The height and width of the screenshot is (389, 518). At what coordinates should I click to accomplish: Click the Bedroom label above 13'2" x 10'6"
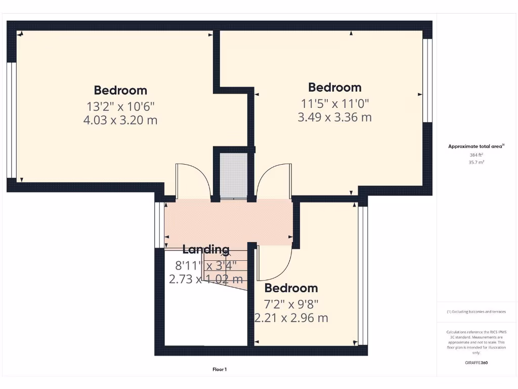tap(120, 90)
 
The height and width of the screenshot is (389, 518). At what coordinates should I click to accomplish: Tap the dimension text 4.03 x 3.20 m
tap(120, 121)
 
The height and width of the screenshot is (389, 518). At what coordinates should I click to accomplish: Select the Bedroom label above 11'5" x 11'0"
tap(335, 87)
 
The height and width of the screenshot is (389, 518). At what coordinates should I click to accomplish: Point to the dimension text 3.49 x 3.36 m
tap(335, 118)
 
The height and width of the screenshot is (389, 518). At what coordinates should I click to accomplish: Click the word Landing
tap(206, 249)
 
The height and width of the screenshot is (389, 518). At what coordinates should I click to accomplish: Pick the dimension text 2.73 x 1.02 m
tap(206, 279)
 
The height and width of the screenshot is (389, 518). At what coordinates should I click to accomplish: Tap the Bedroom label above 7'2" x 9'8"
tap(291, 288)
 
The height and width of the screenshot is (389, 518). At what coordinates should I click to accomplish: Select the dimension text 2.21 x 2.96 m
tap(291, 318)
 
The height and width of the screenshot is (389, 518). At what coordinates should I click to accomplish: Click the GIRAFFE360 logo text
tap(477, 363)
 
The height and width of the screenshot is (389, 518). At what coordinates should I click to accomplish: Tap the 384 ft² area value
tap(477, 155)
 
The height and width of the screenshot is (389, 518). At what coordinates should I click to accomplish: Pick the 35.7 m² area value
tap(477, 163)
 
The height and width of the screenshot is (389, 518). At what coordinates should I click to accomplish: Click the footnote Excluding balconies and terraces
tap(477, 312)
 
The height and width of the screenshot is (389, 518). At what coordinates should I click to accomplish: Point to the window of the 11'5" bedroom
tap(427, 81)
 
